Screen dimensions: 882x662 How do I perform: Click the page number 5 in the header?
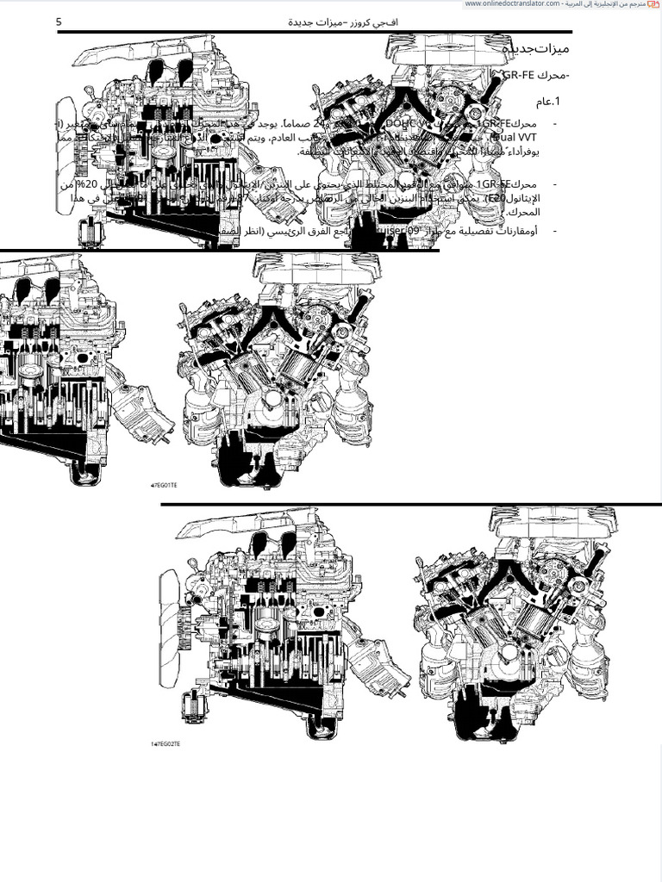tap(59, 22)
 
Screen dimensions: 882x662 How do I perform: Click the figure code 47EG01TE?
tap(164, 485)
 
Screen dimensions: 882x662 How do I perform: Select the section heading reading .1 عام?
tap(546, 102)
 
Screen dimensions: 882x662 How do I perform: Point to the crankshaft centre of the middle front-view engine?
tap(274, 398)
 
